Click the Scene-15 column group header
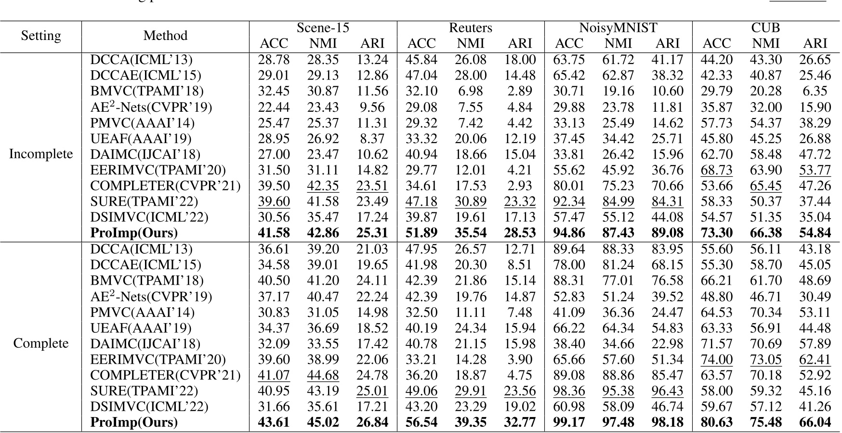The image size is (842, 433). pos(323,28)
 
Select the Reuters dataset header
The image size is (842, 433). pos(470,28)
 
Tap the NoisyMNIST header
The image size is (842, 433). pos(618,28)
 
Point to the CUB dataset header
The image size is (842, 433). pos(765,28)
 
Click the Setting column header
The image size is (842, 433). pos(41,36)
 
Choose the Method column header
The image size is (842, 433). pos(165,36)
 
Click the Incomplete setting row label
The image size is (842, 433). pos(41,154)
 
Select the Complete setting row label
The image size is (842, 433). pos(41,343)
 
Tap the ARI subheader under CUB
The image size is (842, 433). pos(815,43)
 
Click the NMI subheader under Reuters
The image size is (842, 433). pos(470,43)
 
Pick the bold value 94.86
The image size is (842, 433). pos(569,233)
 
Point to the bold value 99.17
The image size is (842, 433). pos(569,422)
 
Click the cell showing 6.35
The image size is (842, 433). pos(815,91)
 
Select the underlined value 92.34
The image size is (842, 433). pos(569,201)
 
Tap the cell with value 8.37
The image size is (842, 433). pos(372,139)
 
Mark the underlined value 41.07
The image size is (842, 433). pos(274,375)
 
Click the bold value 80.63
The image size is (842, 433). pos(717,422)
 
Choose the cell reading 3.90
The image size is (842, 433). pos(520,359)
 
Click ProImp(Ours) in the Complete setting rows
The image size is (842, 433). pos(134,422)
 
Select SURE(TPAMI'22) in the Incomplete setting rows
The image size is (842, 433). pos(144,201)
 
